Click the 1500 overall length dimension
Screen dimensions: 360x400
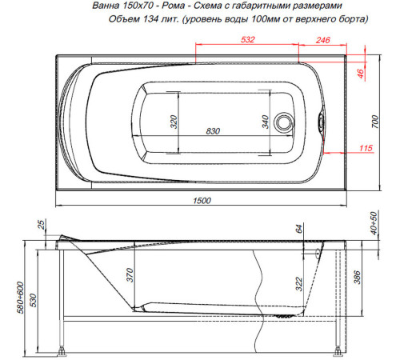point(202,201)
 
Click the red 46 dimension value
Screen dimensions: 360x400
point(361,74)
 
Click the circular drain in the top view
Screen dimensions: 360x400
point(284,123)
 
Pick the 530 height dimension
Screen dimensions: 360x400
point(34,299)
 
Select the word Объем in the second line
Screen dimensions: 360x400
point(122,20)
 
